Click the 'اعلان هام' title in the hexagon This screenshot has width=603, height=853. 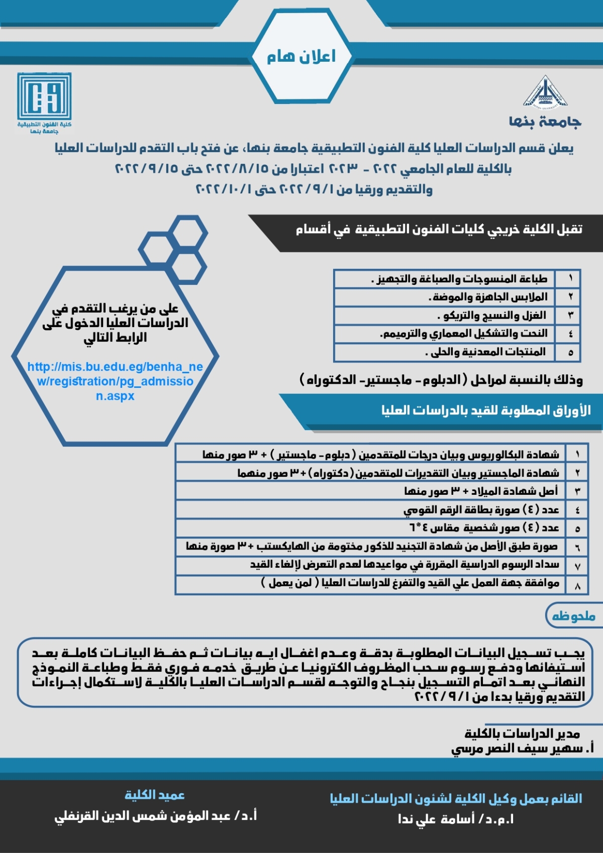point(301,56)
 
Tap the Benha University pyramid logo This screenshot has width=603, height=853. point(545,92)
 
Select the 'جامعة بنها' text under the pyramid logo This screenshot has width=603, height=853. point(545,122)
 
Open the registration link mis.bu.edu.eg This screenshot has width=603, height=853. point(115,381)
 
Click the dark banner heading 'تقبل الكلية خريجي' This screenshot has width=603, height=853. point(439,230)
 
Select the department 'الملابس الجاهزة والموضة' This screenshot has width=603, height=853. point(488,297)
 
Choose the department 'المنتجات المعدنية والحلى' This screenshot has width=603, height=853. point(485,352)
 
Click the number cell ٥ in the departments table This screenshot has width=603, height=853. point(570,352)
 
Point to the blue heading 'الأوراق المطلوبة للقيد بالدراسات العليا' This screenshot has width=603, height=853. point(485,411)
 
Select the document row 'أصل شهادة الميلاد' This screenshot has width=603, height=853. point(480,491)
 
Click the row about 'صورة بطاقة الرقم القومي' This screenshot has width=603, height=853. point(481,509)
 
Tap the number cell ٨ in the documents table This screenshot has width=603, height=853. point(577,585)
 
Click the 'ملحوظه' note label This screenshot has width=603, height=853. point(573,616)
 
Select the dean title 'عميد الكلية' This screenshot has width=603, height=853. point(154,795)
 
